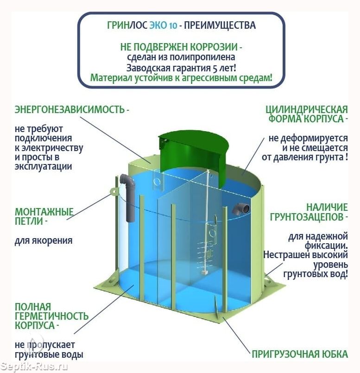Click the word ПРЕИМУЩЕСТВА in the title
click(220, 25)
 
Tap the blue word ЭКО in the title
click(158, 25)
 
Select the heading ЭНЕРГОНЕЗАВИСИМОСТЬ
click(69, 109)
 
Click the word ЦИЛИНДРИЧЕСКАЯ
click(307, 109)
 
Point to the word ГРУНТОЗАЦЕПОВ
click(307, 217)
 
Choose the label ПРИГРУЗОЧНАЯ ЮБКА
click(300, 354)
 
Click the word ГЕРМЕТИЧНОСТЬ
click(51, 316)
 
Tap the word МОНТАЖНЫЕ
click(44, 212)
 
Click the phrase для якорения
click(44, 240)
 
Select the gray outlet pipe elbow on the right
click(240, 209)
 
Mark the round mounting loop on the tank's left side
click(114, 191)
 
